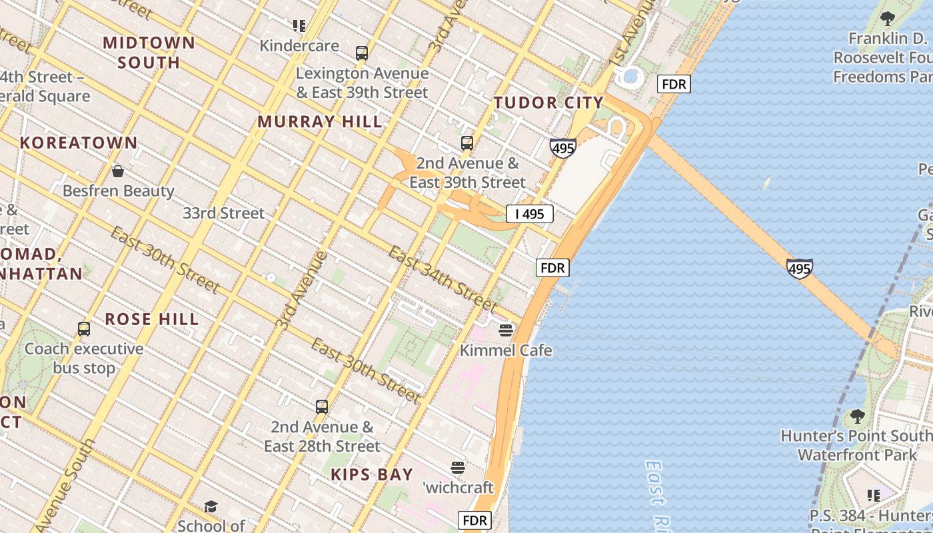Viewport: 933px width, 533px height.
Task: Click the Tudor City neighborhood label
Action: point(548,103)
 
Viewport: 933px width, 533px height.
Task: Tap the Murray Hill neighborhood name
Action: point(320,122)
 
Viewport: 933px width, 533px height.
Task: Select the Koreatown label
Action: point(79,143)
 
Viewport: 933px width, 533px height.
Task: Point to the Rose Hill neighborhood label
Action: point(152,319)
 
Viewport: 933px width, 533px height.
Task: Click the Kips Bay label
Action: point(372,475)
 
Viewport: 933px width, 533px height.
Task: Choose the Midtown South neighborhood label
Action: point(149,53)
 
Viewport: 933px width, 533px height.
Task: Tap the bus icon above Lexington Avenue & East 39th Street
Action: point(362,53)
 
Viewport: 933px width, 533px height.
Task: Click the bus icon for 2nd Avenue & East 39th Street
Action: point(467,143)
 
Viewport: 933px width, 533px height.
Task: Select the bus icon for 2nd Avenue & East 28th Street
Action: point(322,406)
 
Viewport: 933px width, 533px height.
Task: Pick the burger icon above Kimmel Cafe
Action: point(506,330)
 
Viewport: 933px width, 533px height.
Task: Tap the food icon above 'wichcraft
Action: point(458,468)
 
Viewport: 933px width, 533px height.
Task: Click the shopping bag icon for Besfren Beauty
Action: point(118,171)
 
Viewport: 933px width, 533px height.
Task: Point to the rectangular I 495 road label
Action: point(530,214)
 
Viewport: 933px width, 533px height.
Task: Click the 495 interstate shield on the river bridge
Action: point(799,268)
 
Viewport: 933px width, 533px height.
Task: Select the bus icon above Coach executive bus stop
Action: point(84,328)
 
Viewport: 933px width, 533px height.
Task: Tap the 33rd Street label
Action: point(224,213)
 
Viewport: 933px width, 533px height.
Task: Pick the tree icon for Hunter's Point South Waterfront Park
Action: point(858,417)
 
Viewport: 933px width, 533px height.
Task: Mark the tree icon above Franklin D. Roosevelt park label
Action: point(887,19)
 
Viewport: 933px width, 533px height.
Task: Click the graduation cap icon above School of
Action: point(211,507)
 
